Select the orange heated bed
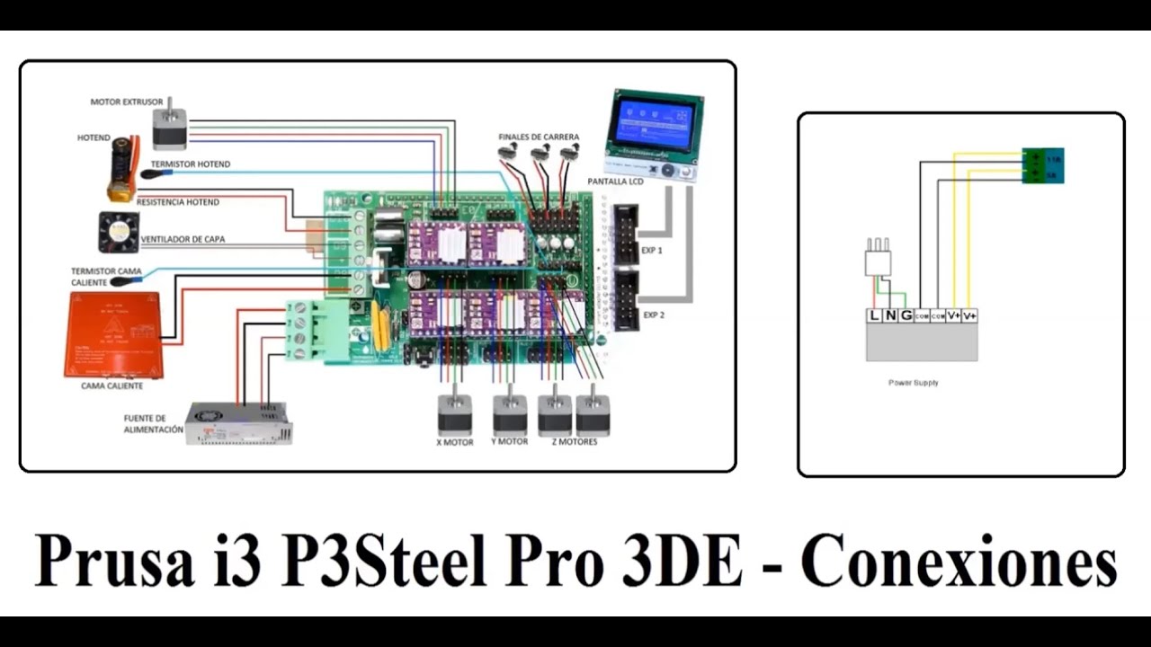112,334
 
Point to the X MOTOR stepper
454,414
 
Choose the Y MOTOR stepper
509,414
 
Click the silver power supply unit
238,423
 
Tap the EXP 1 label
652,251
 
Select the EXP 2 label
653,315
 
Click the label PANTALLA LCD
615,182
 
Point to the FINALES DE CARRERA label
539,137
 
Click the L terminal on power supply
874,315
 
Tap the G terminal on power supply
906,315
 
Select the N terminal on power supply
890,315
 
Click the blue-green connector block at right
1042,166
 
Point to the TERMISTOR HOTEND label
191,164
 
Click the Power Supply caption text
913,383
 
